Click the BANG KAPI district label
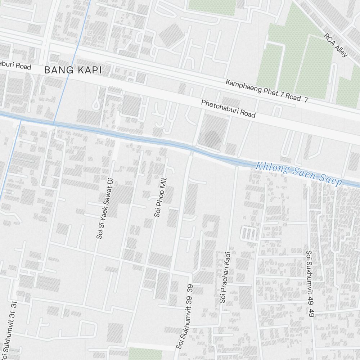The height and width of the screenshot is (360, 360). click(x=73, y=70)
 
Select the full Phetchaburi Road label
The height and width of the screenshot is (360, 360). click(x=228, y=109)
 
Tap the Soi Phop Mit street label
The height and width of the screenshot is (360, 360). click(x=160, y=197)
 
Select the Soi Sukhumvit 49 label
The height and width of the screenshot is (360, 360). click(x=309, y=283)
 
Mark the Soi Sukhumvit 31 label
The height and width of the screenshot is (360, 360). click(x=10, y=327)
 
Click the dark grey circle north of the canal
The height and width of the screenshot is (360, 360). click(x=212, y=138)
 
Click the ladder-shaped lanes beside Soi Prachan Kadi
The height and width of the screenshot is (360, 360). click(x=248, y=234)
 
